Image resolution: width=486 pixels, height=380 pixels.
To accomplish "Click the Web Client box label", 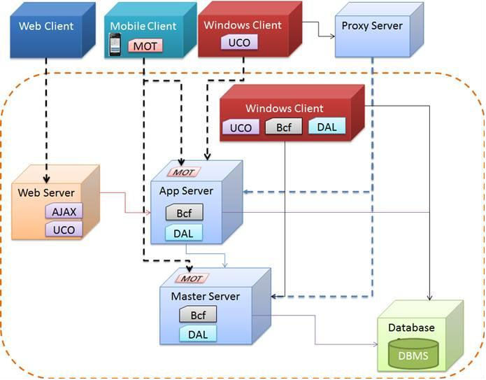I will tap(45, 27).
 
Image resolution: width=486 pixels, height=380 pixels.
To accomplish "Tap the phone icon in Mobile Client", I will tap(116, 45).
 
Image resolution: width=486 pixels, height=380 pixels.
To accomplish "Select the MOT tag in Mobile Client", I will tap(145, 46).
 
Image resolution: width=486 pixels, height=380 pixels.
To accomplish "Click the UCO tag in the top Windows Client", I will tap(240, 43).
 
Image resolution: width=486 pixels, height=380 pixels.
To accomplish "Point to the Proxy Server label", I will tap(372, 26).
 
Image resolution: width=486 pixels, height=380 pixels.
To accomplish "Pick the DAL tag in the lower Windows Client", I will tap(326, 127).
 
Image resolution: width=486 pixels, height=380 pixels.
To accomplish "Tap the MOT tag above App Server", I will tap(184, 172).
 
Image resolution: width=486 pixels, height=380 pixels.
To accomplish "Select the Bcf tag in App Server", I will tap(184, 213).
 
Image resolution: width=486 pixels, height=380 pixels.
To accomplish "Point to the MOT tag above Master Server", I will tap(192, 279).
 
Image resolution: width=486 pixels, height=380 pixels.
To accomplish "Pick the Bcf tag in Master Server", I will tap(198, 316).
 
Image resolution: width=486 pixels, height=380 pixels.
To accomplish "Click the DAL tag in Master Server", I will tap(197, 335).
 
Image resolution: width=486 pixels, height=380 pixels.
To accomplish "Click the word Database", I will tap(411, 328).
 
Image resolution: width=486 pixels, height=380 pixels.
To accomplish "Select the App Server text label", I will tap(186, 190).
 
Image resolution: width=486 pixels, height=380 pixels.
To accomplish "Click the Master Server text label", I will tap(205, 296).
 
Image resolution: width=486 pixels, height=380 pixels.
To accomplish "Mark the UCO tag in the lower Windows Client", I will tap(241, 127).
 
